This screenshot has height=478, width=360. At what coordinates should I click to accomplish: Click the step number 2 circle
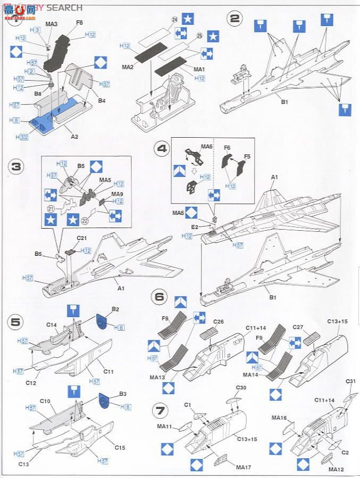coord(235,19)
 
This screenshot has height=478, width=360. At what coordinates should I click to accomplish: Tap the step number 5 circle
coord(16,322)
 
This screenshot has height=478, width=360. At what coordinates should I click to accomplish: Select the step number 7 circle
coord(160,409)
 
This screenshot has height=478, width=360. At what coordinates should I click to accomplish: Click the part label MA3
coord(52,24)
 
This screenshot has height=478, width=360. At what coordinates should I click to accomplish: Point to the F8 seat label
coord(79,22)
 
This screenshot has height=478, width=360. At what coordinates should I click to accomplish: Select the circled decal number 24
coord(160,20)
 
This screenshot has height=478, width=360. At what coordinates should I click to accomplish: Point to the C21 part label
coord(82,238)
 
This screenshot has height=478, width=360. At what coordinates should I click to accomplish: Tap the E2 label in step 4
coord(195,227)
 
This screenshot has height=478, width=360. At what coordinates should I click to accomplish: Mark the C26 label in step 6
coord(218,322)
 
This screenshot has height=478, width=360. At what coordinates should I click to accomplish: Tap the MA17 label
coord(242,467)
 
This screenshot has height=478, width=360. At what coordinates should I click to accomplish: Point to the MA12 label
coord(336,469)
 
